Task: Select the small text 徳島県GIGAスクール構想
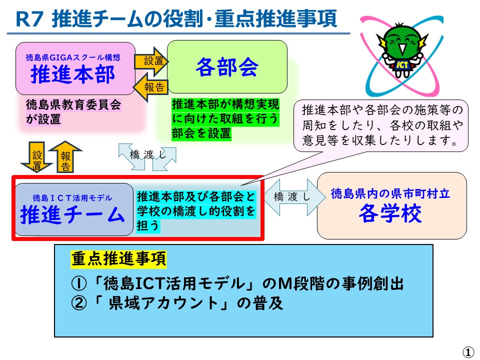(x=73, y=58)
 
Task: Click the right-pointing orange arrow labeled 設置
(x=152, y=61)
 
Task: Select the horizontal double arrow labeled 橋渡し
(x=291, y=197)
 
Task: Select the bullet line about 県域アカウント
(x=177, y=303)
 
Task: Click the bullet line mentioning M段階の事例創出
(x=237, y=284)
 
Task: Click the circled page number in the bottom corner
(x=468, y=352)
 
